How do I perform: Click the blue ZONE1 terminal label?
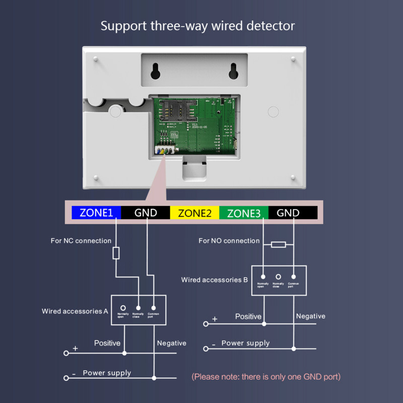pos(96,213)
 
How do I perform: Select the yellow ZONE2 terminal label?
pos(194,213)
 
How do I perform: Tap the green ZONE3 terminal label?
pos(244,213)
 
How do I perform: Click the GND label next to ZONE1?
pos(146,213)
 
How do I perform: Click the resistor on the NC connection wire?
pos(116,253)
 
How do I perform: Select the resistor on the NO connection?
pos(278,244)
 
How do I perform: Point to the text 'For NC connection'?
pos(81,241)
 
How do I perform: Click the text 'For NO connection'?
pos(229,241)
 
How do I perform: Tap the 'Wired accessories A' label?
pos(75,311)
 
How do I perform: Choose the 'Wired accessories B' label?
pos(215,280)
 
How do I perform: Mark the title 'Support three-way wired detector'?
pos(197,26)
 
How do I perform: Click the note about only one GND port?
pos(266,376)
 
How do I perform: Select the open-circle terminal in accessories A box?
pos(123,307)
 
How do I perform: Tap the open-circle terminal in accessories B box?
pos(278,277)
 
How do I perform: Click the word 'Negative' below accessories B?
pos(310,316)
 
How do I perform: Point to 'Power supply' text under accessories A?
pos(107,373)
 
